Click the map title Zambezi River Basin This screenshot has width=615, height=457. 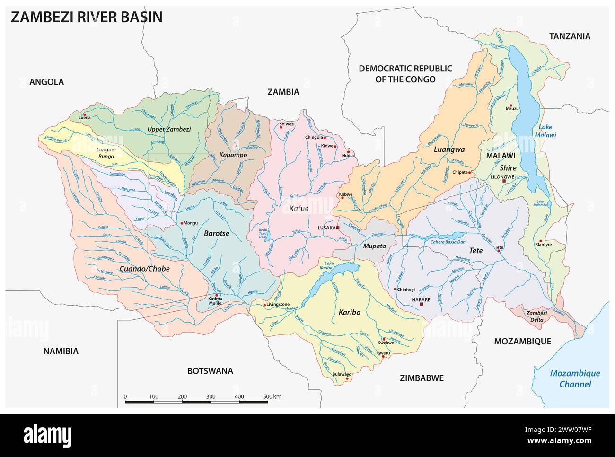86,18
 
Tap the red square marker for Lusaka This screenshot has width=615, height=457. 338,228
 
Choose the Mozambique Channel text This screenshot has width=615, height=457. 574,378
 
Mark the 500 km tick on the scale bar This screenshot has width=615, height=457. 268,402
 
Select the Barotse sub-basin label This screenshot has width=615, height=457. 216,233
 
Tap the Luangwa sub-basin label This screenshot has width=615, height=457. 448,149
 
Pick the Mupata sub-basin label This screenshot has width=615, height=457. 374,246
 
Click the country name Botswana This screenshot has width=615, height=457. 210,371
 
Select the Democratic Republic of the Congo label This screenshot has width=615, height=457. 405,74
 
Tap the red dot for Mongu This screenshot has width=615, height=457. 181,223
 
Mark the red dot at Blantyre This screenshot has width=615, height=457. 540,240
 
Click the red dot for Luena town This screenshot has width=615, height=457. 84,114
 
